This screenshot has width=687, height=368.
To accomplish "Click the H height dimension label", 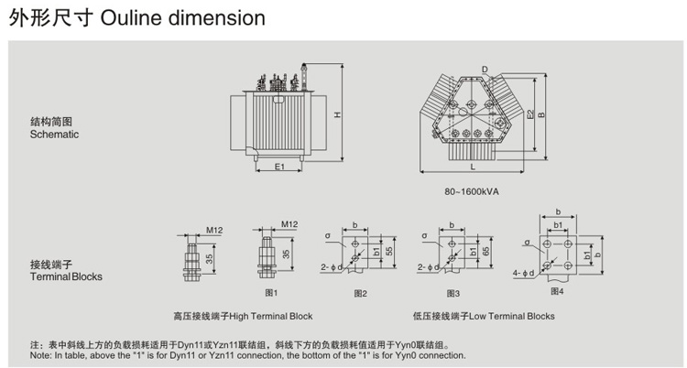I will pos(337,116).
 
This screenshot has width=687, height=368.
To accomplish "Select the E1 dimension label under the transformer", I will pos(280,167).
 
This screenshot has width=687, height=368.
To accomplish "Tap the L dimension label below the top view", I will pos(473,168).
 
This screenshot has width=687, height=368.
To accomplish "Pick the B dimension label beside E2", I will pos(542,114).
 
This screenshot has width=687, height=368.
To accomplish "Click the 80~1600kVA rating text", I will pos(471,191).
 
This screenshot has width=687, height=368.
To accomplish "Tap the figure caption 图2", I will pos(360,293).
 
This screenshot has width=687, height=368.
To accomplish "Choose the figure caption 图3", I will pos(453,293).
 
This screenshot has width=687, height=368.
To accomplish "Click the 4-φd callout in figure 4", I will pos(523,272).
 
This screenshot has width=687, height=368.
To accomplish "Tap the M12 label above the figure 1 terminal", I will pos(289,223).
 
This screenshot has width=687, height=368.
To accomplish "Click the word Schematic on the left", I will pos(54,135).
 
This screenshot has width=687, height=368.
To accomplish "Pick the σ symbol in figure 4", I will pos(527,244).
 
